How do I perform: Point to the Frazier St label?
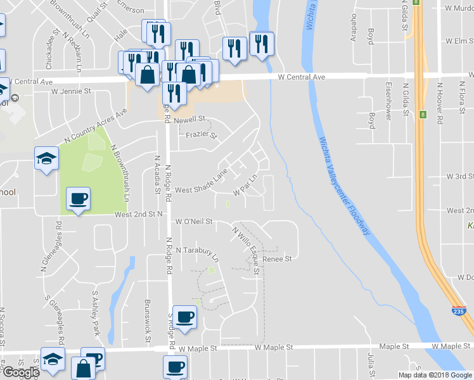pos(201,134)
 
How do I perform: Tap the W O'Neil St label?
pos(193,222)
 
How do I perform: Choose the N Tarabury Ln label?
pos(196,253)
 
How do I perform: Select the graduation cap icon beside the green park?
pos(47,158)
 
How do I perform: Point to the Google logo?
pos(21,372)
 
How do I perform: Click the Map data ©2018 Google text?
pos(435,375)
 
